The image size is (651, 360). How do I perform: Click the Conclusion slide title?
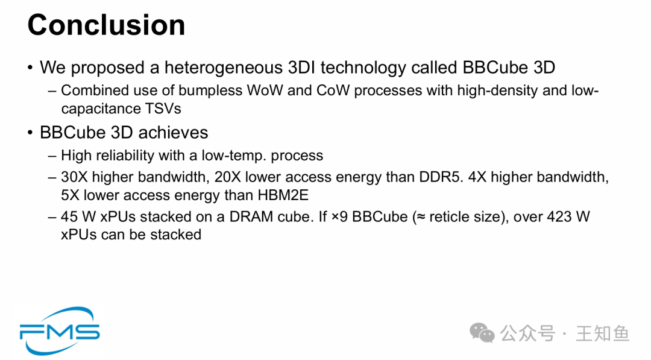[106, 25]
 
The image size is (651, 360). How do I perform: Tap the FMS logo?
[60, 331]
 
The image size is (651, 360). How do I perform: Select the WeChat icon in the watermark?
[482, 333]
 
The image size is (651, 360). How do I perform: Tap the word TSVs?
[163, 109]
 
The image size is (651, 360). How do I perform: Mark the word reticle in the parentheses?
[446, 216]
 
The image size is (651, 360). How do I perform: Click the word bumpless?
[210, 90]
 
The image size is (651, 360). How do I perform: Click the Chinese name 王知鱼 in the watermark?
[603, 333]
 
